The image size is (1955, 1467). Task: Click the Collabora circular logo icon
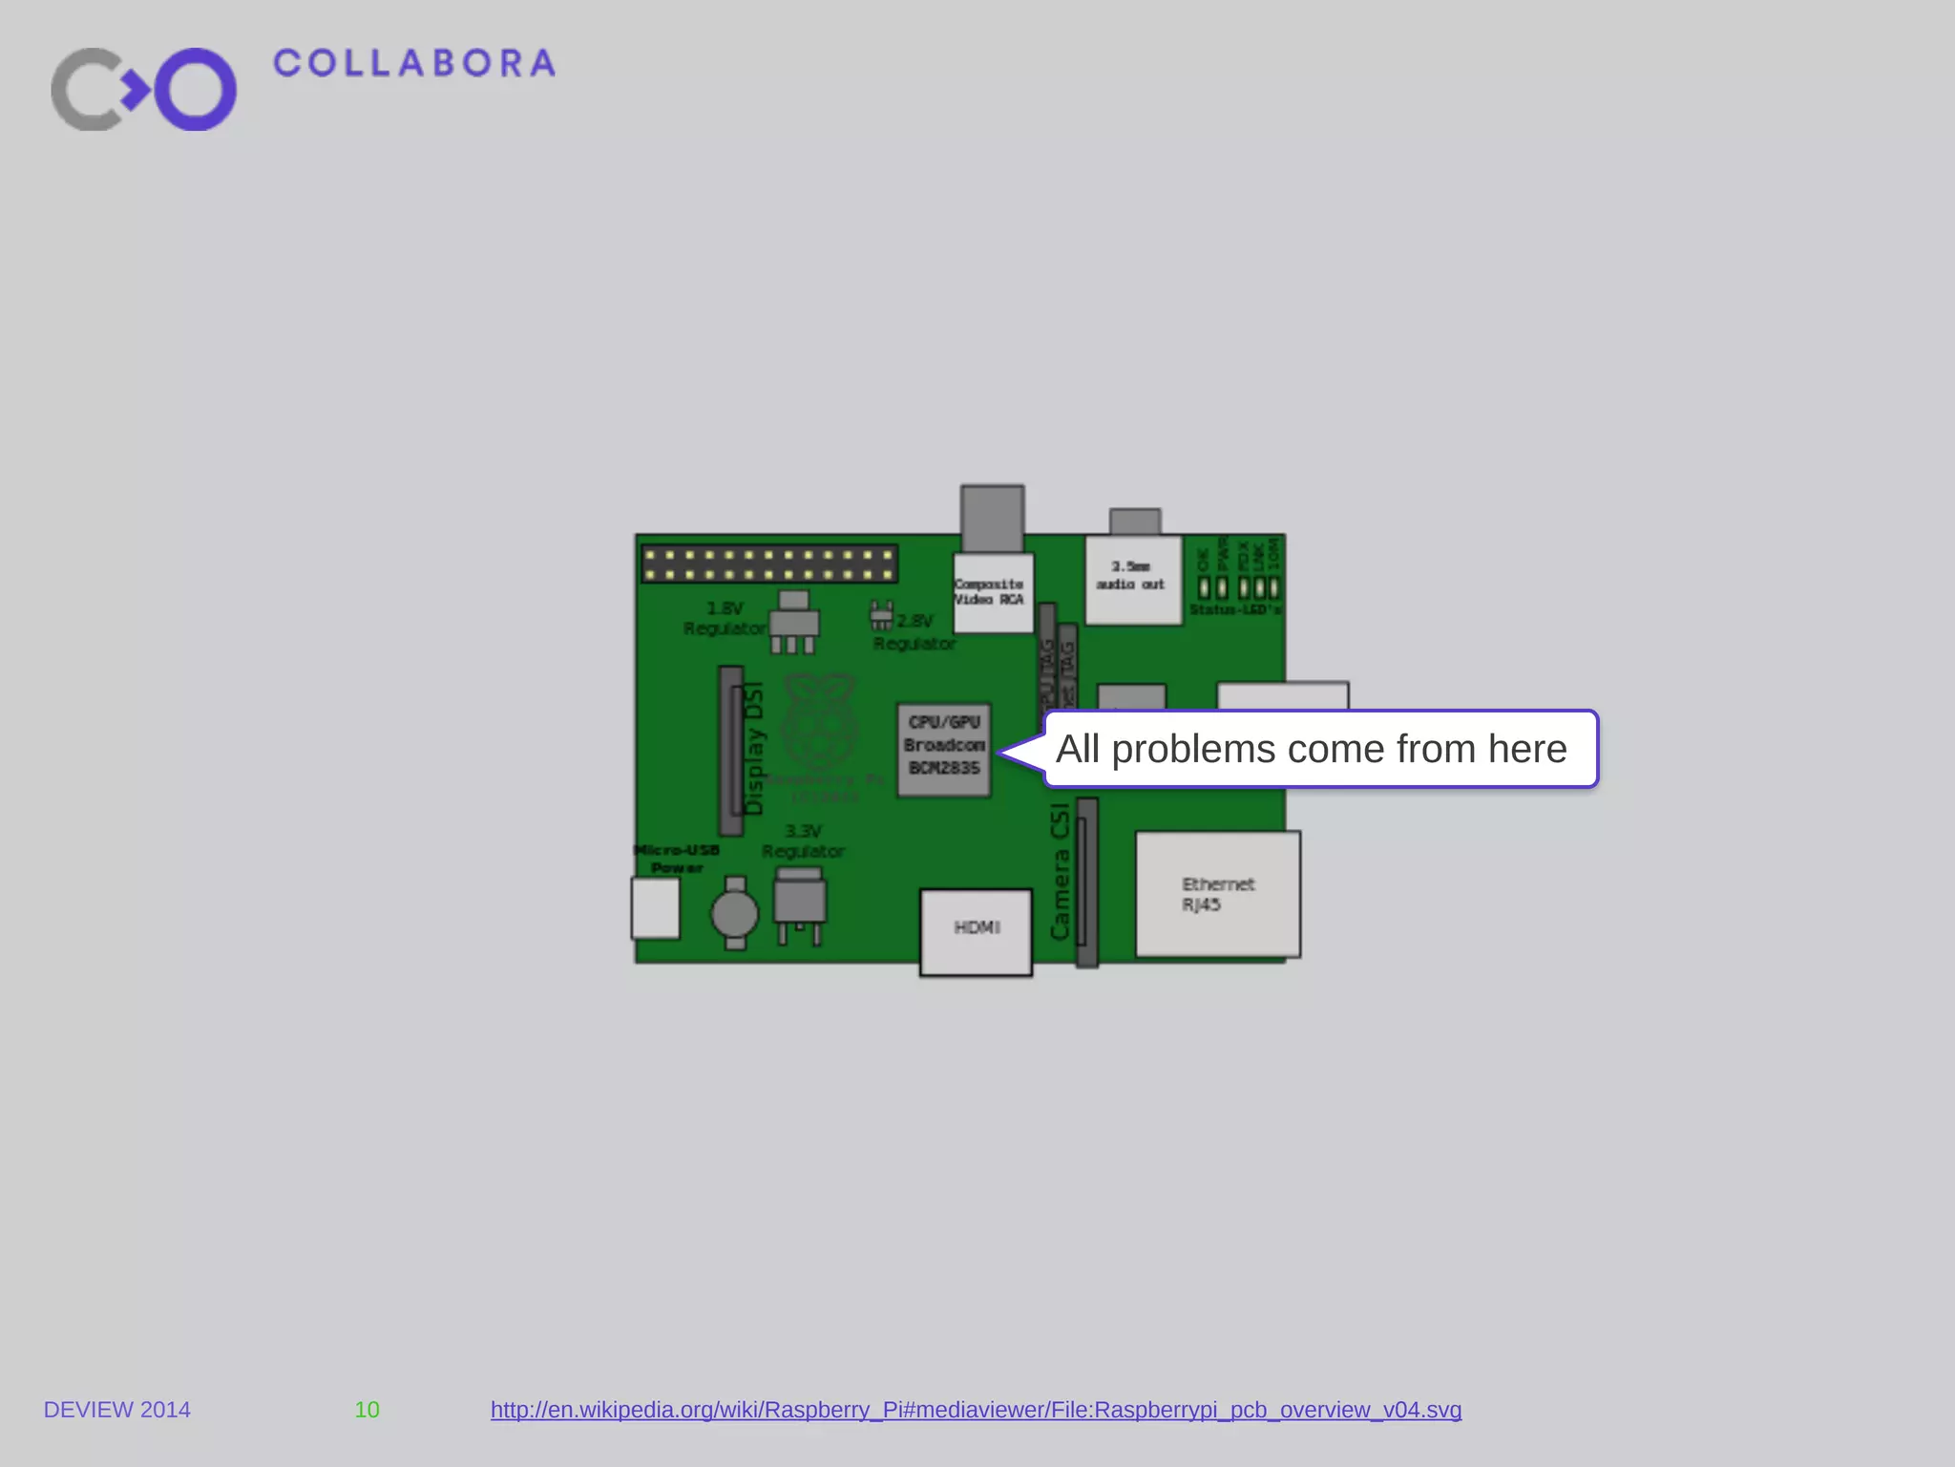click(x=143, y=89)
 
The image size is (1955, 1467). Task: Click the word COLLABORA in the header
click(x=413, y=64)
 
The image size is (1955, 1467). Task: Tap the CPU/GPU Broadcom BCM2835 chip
click(x=944, y=750)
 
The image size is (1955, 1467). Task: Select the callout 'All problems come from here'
click(x=1319, y=749)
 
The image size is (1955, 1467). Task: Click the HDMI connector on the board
click(x=976, y=931)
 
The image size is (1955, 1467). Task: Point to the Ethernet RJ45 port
click(x=1217, y=894)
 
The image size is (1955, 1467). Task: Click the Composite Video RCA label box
click(x=993, y=592)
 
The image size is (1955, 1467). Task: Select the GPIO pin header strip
click(x=769, y=563)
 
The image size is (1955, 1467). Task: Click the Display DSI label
click(x=754, y=748)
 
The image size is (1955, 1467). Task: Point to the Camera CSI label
click(x=1060, y=871)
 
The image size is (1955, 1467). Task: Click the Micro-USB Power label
click(x=677, y=859)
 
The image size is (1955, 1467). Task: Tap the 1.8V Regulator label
click(x=725, y=618)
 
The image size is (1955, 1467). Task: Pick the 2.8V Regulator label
click(x=914, y=632)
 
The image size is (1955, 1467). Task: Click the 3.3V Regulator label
click(x=803, y=841)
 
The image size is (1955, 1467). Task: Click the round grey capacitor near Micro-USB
click(x=734, y=914)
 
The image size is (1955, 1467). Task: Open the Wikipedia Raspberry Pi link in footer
click(x=976, y=1410)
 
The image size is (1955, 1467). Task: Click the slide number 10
click(x=367, y=1410)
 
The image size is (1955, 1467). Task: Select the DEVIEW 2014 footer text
click(x=117, y=1410)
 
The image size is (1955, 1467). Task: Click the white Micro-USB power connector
click(x=656, y=908)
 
